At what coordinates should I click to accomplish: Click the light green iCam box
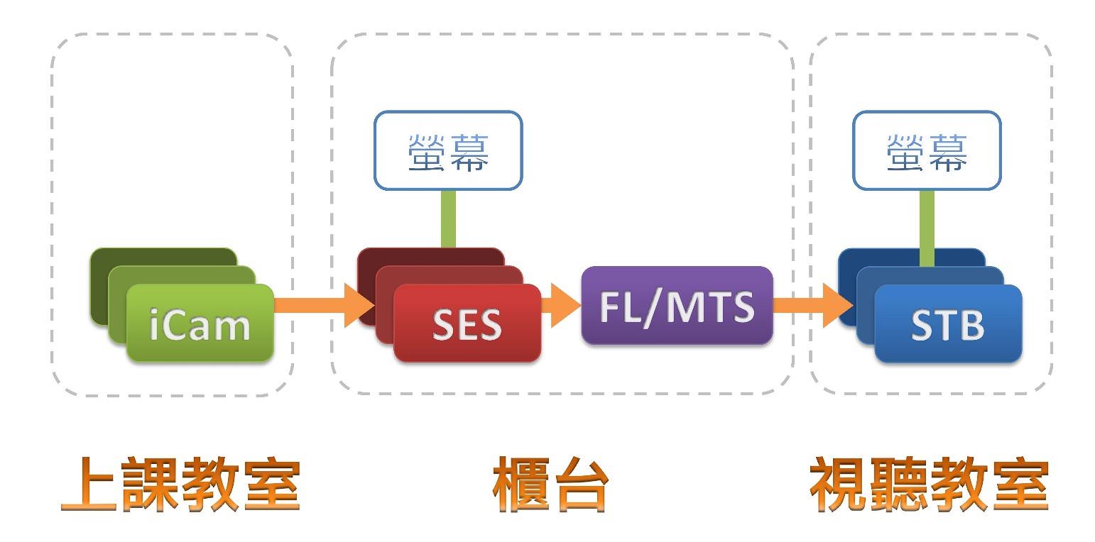click(x=200, y=323)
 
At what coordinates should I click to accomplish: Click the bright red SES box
click(x=467, y=323)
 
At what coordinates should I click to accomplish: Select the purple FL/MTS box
click(x=676, y=306)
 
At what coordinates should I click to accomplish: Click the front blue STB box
click(x=947, y=323)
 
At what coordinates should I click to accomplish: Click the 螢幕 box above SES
click(x=448, y=150)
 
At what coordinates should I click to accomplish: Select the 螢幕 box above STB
click(x=927, y=150)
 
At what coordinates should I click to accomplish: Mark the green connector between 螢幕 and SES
click(x=448, y=219)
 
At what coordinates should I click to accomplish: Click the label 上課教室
click(x=181, y=485)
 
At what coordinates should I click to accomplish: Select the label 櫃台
click(x=551, y=485)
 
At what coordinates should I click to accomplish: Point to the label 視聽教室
click(x=930, y=485)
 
